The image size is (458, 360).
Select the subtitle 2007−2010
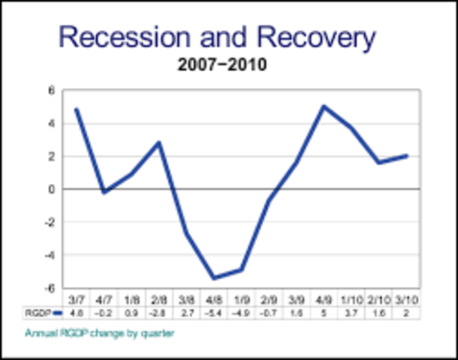coord(222,65)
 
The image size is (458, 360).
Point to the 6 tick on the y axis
coord(52,91)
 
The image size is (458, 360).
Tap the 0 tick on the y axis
coord(52,189)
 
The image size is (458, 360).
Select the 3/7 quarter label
coord(77,298)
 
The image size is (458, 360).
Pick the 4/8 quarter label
coord(213,298)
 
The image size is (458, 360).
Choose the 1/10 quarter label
coord(351,298)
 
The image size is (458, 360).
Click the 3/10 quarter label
coord(406,298)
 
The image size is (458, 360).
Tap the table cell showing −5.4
coord(213,312)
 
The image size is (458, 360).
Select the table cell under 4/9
coord(324,312)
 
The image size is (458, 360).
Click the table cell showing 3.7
coord(351,312)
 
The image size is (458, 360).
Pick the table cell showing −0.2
coord(104,312)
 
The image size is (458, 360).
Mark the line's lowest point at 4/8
coord(214,278)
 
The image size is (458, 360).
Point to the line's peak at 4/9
coord(324,106)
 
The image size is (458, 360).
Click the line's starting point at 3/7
coord(77,109)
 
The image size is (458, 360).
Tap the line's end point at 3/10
coord(406,156)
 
